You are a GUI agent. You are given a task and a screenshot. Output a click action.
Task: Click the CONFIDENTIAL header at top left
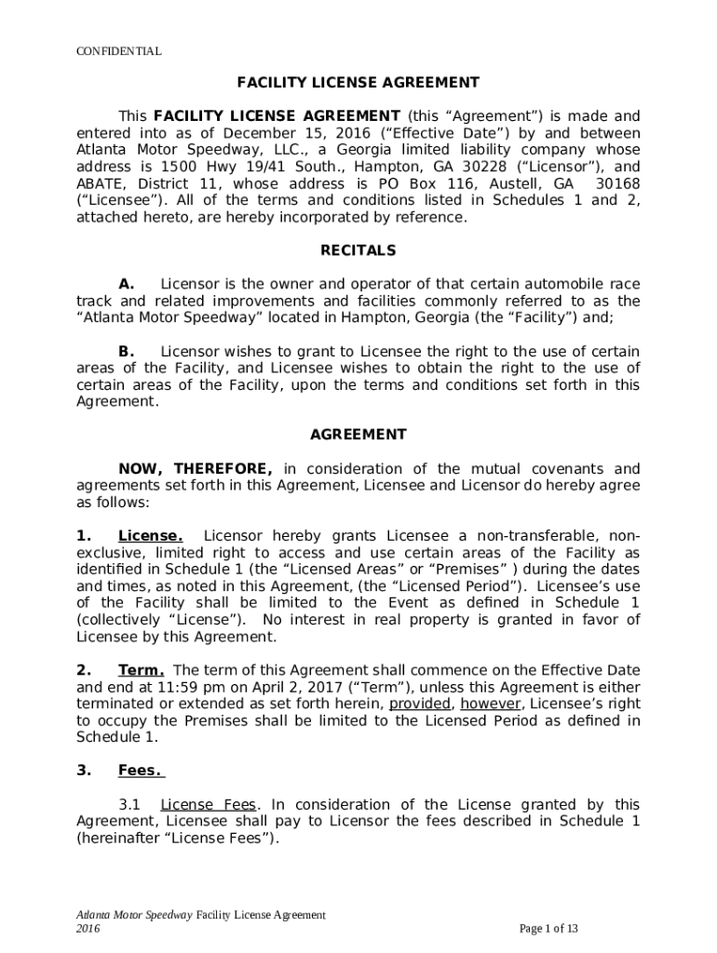[118, 51]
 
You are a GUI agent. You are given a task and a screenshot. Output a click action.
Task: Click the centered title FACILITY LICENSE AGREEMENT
[358, 83]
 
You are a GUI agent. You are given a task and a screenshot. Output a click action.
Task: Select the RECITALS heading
[358, 250]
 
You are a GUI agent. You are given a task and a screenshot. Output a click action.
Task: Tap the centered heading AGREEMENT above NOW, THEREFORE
[358, 435]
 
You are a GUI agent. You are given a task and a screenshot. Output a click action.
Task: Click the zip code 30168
[616, 183]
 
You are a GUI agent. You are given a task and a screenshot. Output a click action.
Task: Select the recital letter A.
[127, 284]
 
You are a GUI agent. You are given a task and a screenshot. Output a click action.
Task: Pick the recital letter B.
[127, 351]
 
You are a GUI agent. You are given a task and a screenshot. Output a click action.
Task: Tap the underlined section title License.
[150, 535]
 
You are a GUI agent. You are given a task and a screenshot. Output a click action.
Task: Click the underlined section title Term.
[142, 669]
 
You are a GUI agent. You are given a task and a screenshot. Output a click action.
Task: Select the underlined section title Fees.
[141, 770]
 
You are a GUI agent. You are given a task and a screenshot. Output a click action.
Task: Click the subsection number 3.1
[129, 804]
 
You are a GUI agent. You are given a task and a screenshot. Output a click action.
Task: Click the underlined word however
[490, 704]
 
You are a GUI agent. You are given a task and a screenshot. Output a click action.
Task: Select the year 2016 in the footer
[88, 929]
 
